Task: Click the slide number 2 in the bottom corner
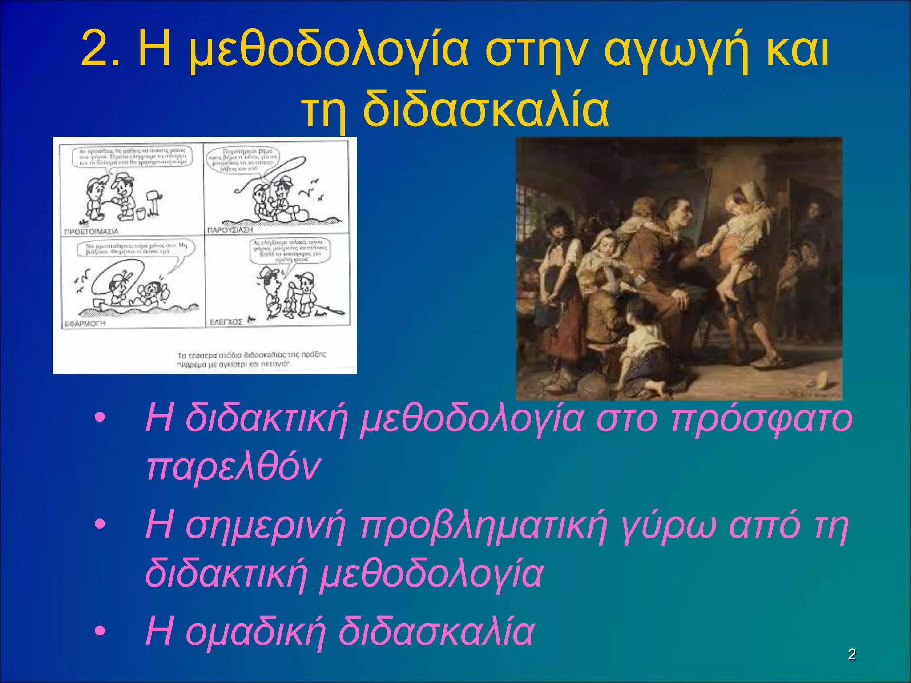[851, 654]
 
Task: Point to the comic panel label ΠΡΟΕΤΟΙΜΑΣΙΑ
[91, 232]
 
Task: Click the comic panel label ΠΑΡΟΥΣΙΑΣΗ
[230, 230]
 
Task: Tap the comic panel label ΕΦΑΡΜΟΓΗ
[85, 324]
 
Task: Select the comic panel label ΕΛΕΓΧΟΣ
[226, 322]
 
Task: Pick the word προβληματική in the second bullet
[484, 525]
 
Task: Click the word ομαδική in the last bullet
[255, 631]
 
